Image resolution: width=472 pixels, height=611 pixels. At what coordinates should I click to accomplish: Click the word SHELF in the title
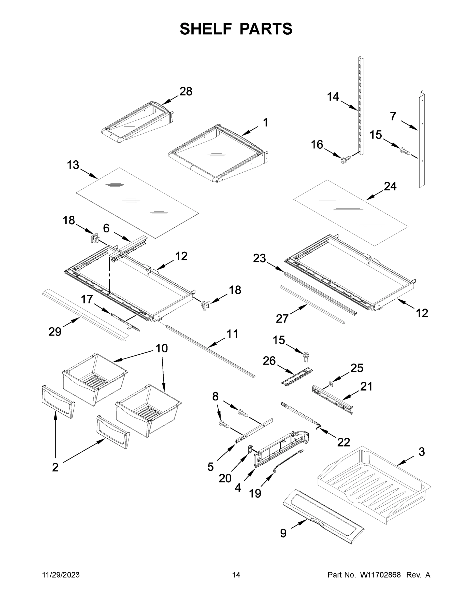point(206,29)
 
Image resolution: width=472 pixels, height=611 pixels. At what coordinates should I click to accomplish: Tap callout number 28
point(186,91)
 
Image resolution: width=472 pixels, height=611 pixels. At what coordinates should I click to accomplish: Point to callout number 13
point(73,165)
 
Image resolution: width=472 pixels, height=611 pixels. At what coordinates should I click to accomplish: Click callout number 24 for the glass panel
point(390,186)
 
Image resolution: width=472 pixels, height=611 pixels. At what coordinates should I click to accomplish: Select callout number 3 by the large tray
point(421,452)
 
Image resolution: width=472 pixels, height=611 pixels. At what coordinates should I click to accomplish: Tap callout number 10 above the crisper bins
point(162,349)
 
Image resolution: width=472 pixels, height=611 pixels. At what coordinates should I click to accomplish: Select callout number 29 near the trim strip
point(55,332)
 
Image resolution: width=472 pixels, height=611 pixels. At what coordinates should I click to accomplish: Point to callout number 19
point(255,493)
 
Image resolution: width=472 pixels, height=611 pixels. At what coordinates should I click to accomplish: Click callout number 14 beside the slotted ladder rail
point(333,97)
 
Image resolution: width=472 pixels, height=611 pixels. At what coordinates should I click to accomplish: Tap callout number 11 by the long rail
point(232,334)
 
